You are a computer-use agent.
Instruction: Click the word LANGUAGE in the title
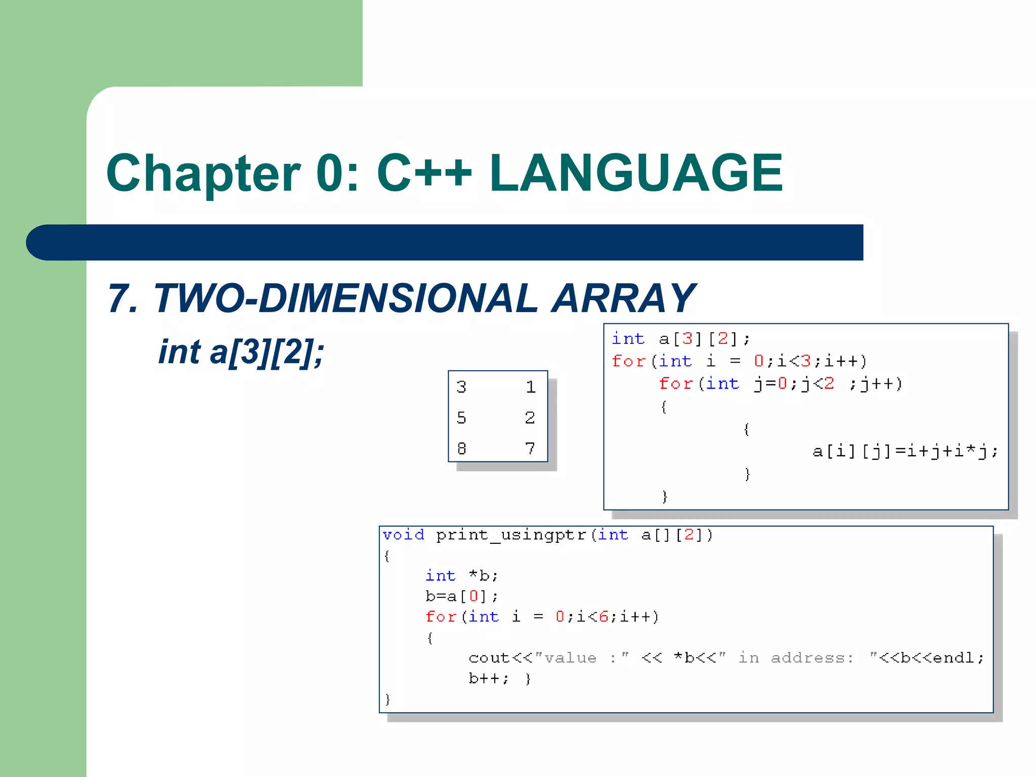tap(636, 174)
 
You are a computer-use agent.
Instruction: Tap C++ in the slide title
tap(424, 174)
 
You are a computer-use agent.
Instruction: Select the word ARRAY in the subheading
tap(623, 298)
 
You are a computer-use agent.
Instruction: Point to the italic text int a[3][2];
tap(241, 352)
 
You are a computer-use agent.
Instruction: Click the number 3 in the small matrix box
tap(461, 387)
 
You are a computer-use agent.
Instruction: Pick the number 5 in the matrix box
tap(461, 418)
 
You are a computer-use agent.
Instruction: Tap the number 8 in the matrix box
tap(461, 448)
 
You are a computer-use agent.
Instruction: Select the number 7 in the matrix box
tap(530, 448)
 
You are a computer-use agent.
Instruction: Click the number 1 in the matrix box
tap(530, 387)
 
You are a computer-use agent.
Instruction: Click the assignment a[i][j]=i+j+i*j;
tap(904, 451)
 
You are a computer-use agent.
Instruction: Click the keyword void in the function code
tap(403, 535)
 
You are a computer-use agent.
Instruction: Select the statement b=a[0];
tap(461, 596)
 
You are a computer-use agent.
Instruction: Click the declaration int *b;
tap(461, 576)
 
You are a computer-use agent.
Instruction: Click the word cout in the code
tap(489, 658)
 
